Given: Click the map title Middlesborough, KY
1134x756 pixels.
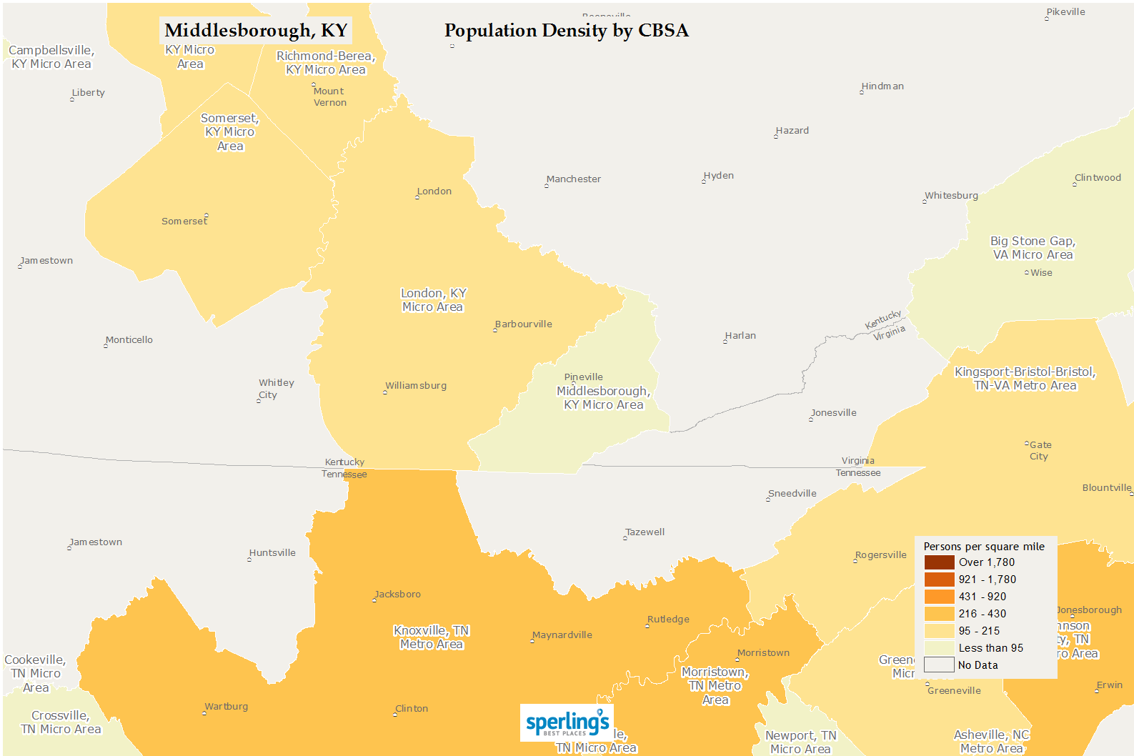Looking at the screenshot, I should (256, 31).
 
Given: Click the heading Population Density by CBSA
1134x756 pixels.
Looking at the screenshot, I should (566, 31).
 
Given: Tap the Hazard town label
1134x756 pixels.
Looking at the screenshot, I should (792, 131).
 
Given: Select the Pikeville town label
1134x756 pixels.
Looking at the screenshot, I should (1065, 12).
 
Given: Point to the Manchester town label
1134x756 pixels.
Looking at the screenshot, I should (573, 179).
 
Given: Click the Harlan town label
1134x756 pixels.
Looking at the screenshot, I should (740, 336).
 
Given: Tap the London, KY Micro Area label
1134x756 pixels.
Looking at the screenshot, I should (433, 300).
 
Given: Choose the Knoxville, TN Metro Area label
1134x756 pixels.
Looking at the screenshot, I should (432, 637).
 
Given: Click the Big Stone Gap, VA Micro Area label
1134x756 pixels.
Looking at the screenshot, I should (1033, 248).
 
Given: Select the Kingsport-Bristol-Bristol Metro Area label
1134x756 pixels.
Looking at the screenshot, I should (1025, 379).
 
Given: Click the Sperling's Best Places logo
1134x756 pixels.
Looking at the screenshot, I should (567, 722).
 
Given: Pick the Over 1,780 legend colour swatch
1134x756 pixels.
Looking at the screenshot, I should (939, 562).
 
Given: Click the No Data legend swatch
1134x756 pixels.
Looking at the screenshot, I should (939, 665).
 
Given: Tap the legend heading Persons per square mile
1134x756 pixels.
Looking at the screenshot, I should (984, 547).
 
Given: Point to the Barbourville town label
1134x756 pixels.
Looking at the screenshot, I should (523, 324).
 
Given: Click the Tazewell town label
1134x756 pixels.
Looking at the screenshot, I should (645, 532).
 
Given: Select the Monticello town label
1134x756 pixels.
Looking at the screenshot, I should (129, 340).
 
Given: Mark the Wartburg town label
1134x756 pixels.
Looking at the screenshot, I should (226, 707).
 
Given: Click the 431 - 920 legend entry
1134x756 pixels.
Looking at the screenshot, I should (982, 597).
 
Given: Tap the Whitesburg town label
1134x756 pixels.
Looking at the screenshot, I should (951, 196).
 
